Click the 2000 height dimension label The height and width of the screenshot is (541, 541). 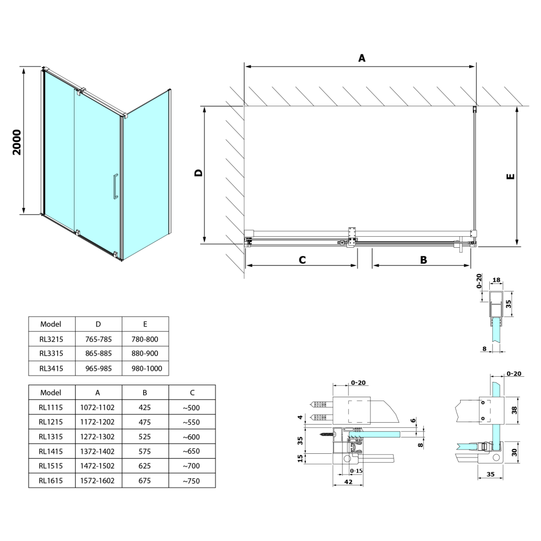[17, 142]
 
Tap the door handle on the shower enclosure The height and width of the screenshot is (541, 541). [114, 186]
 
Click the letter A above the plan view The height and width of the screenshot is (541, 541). [362, 58]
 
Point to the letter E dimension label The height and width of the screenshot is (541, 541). [510, 177]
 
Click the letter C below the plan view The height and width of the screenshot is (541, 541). [302, 259]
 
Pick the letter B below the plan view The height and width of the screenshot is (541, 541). [423, 259]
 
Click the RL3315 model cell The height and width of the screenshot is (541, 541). [51, 353]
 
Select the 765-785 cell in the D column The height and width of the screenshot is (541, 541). [98, 339]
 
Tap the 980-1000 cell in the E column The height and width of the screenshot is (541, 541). [145, 368]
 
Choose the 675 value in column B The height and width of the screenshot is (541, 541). [144, 480]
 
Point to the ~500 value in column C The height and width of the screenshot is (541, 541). [192, 407]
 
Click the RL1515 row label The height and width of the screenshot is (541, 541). [51, 466]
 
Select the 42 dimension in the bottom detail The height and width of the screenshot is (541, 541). [348, 482]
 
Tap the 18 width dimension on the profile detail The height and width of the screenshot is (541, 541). [497, 281]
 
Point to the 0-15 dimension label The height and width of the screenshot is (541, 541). [356, 471]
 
